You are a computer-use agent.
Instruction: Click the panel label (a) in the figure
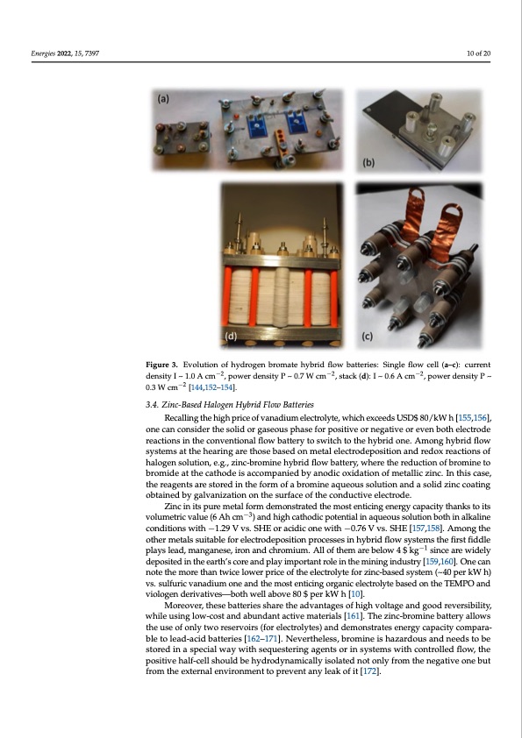[x=163, y=99]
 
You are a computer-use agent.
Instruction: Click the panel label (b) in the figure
[x=368, y=162]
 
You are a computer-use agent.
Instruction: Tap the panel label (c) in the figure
[x=367, y=336]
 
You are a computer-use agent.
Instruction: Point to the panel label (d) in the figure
[x=231, y=336]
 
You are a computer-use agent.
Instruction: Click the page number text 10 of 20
[x=479, y=53]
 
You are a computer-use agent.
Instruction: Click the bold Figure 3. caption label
[x=162, y=365]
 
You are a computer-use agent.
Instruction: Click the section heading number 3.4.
[x=152, y=405]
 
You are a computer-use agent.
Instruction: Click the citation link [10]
[x=356, y=594]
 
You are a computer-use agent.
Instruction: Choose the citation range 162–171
[x=263, y=639]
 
